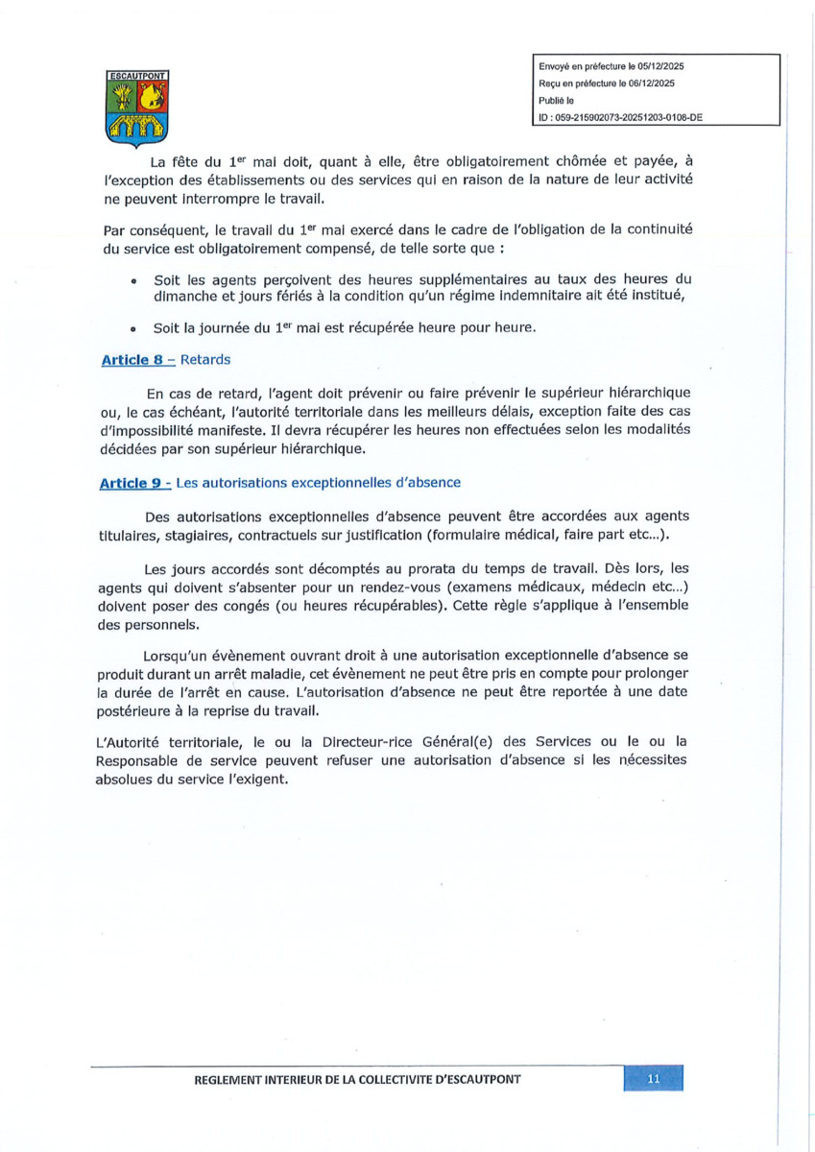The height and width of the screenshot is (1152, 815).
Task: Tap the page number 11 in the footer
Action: [654, 1078]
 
